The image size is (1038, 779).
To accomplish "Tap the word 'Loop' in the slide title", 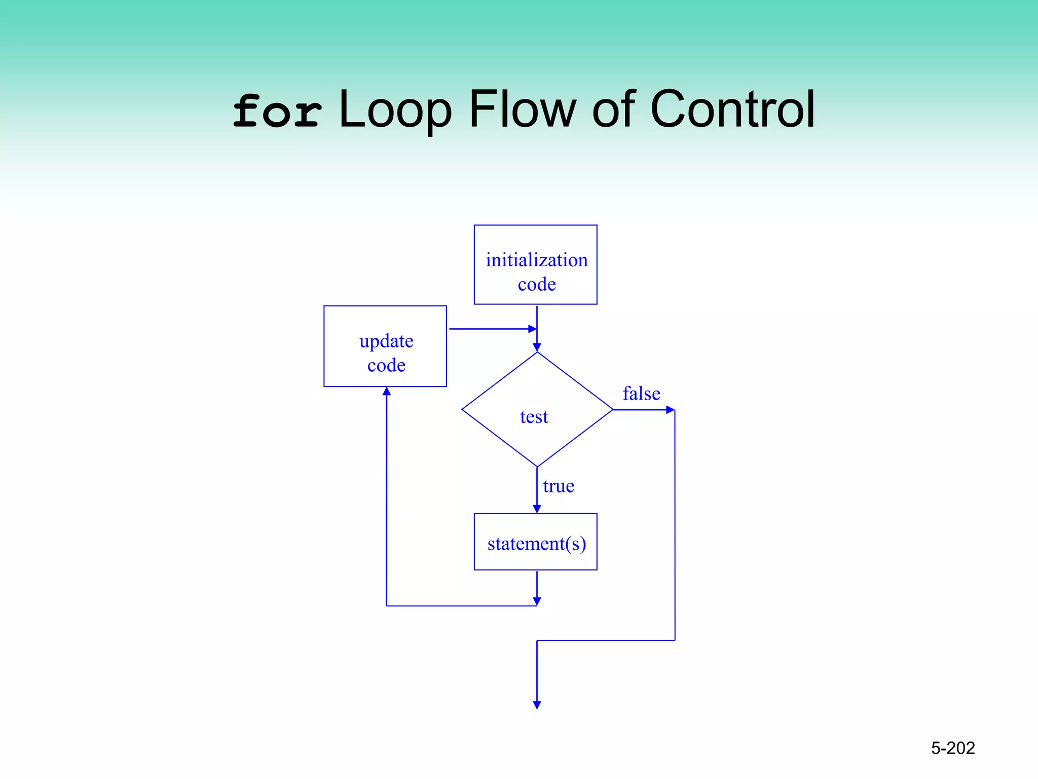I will (x=395, y=110).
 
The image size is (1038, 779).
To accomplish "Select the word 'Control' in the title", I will (x=732, y=109).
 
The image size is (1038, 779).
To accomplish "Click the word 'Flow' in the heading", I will (x=523, y=109).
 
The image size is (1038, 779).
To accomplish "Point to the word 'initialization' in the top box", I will (x=536, y=260).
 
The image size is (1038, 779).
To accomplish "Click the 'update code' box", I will (x=385, y=346).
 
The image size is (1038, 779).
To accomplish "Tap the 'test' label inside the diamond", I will (x=534, y=417).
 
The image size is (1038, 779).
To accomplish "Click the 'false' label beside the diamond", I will (x=641, y=394).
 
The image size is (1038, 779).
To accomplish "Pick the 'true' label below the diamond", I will (x=559, y=486).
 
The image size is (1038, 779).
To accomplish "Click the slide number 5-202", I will (x=953, y=748).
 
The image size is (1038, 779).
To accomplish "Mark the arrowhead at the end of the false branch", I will (x=670, y=410).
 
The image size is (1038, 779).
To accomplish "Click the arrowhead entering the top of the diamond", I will (x=537, y=347).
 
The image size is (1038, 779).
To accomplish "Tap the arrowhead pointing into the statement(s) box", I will (x=537, y=509).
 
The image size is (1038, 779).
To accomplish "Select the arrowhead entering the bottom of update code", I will (x=387, y=392).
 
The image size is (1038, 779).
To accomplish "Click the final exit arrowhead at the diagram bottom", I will (x=537, y=705).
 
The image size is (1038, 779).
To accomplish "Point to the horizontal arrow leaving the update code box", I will (x=492, y=329).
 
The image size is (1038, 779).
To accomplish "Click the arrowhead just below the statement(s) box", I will (x=537, y=601).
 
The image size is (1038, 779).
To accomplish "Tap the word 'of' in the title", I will (x=613, y=109).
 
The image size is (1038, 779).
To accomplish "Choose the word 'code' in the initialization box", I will (x=536, y=285).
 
